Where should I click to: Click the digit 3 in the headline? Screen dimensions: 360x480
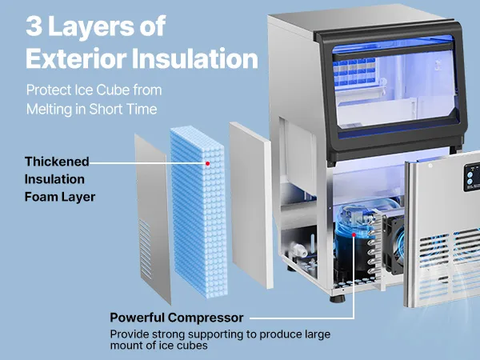(34, 26)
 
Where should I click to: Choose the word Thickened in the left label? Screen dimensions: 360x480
(57, 162)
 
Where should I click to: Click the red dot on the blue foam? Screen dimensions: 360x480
(208, 164)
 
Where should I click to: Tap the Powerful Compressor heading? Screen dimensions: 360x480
(176, 318)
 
